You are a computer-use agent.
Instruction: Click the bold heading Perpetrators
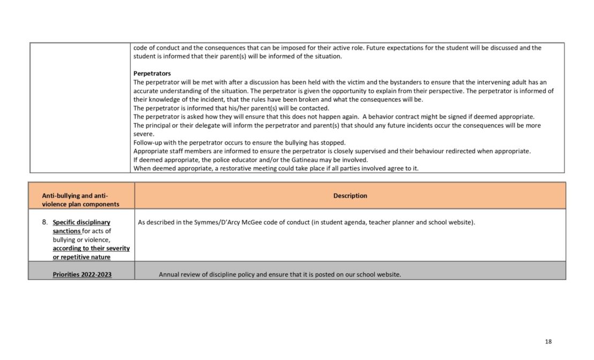pyautogui.click(x=152, y=73)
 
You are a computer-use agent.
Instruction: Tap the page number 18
pyautogui.click(x=548, y=342)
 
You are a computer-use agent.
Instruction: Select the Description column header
pyautogui.click(x=350, y=196)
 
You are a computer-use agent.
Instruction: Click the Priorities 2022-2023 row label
pyautogui.click(x=82, y=275)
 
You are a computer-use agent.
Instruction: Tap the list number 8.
pyautogui.click(x=45, y=222)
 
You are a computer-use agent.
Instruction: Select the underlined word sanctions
pyautogui.click(x=67, y=231)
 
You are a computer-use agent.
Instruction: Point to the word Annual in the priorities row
pyautogui.click(x=169, y=275)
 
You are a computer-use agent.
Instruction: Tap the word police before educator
pyautogui.click(x=213, y=160)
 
